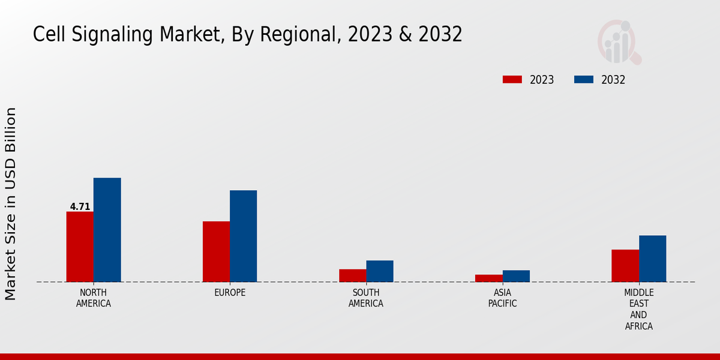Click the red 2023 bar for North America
80,247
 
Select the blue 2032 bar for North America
107,230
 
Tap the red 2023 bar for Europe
216,251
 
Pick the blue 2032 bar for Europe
243,236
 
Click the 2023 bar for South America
352,275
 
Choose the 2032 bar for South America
380,271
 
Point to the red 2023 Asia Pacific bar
488,278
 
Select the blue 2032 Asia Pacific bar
516,276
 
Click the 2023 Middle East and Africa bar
625,266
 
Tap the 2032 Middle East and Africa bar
652,259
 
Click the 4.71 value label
80,207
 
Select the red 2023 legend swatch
512,80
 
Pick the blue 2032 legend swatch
584,80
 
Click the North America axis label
94,298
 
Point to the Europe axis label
230,293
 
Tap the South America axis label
366,298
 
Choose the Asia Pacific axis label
502,298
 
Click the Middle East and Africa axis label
638,310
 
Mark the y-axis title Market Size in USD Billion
11,204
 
